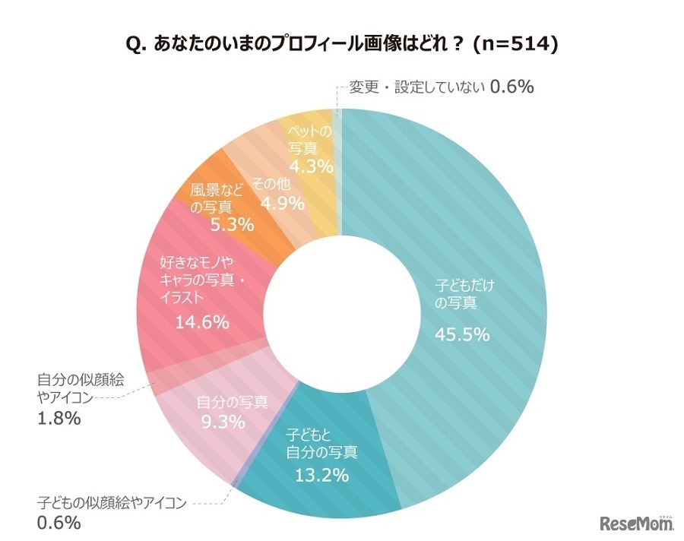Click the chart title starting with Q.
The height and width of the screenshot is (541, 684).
(x=342, y=45)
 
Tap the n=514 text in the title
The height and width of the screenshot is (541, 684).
(x=515, y=45)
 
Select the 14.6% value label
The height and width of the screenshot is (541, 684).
(x=202, y=322)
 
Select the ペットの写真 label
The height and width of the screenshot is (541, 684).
(x=310, y=140)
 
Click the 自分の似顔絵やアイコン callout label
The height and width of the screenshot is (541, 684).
(x=74, y=387)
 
